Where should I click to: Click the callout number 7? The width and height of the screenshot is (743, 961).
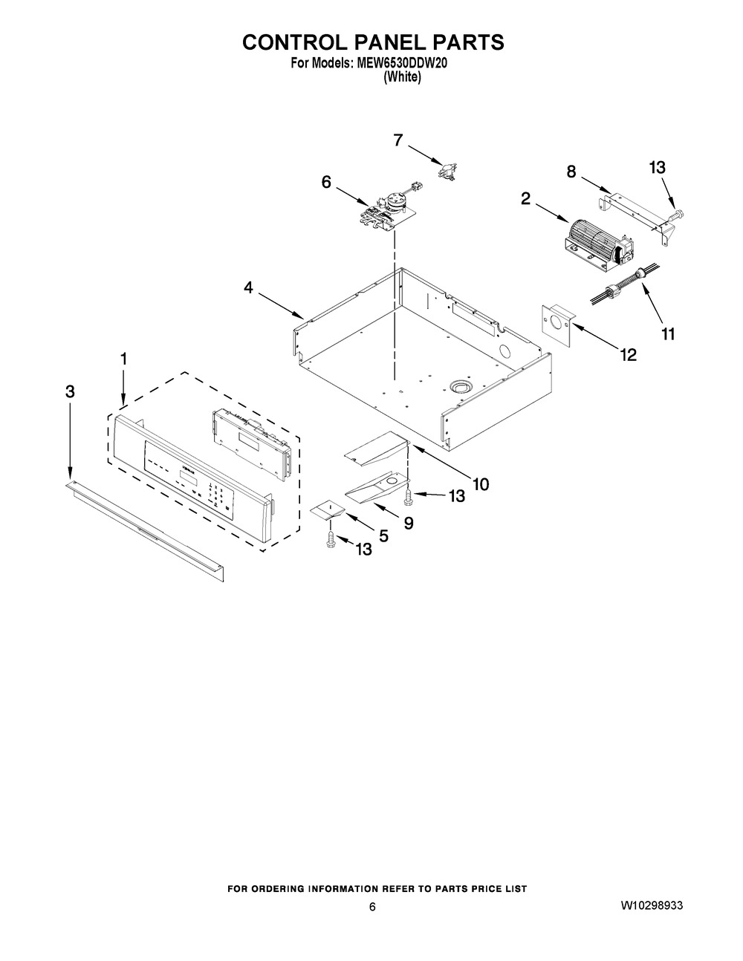[x=398, y=140]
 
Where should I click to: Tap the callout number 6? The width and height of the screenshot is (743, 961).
[x=326, y=182]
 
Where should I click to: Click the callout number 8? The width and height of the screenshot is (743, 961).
[x=571, y=172]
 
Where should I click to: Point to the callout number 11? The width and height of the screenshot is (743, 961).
[x=668, y=334]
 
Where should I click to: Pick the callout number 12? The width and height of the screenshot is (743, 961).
[x=628, y=354]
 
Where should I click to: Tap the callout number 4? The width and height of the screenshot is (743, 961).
[x=249, y=288]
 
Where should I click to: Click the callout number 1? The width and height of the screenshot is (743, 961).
[x=123, y=358]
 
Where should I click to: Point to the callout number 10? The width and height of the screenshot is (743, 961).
[x=481, y=484]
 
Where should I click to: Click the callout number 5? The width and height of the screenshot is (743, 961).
[x=383, y=536]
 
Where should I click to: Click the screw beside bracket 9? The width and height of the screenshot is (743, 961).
[x=407, y=496]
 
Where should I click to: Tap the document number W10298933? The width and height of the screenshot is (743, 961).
[x=652, y=905]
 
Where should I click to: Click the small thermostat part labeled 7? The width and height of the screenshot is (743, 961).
[x=447, y=171]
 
